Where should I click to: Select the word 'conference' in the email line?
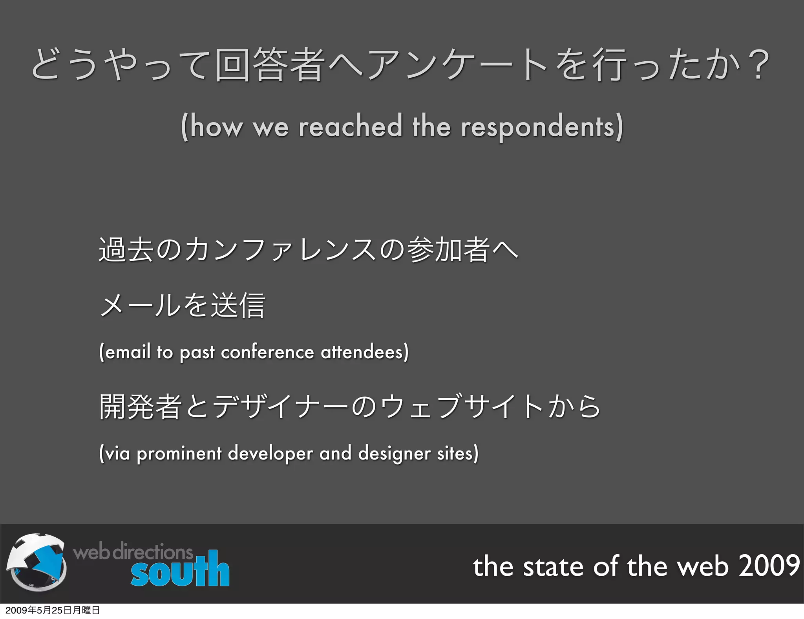[x=267, y=352]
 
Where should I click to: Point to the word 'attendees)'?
[x=365, y=352]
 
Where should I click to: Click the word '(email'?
[x=125, y=352]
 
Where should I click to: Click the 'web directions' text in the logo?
[x=133, y=552]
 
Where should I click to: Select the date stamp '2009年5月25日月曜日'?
[x=53, y=610]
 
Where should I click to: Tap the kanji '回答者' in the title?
[x=270, y=65]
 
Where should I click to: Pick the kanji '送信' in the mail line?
[x=238, y=305]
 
